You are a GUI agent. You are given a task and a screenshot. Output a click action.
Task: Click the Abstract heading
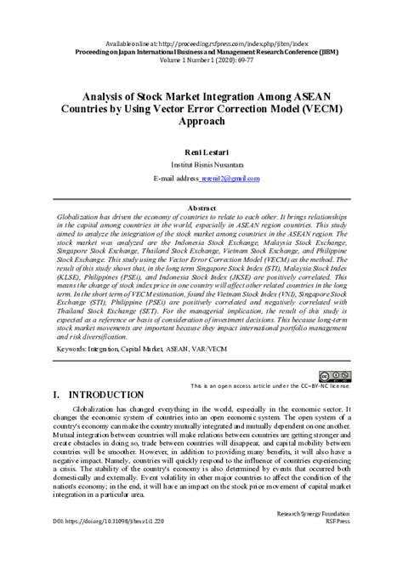[x=201, y=207]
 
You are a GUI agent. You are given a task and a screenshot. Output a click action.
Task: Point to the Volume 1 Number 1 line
[x=201, y=62]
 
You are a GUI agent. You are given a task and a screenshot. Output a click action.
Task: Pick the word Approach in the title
[x=201, y=122]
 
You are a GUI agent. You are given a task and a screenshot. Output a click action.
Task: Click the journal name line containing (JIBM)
[x=201, y=52]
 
